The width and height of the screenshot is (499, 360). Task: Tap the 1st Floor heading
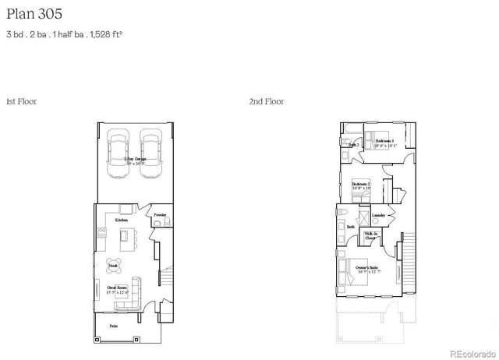click(x=21, y=101)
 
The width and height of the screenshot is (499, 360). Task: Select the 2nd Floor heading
click(x=266, y=101)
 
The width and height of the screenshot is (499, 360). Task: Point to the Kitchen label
click(x=122, y=220)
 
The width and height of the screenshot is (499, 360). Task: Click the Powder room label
click(x=160, y=214)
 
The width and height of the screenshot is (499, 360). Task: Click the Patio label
click(x=113, y=326)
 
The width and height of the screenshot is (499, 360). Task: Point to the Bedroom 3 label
click(x=385, y=140)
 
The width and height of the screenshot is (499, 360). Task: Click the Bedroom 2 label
click(x=361, y=184)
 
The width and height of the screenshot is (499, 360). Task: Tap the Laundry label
click(x=379, y=215)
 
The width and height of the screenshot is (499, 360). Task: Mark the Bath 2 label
click(x=352, y=145)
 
